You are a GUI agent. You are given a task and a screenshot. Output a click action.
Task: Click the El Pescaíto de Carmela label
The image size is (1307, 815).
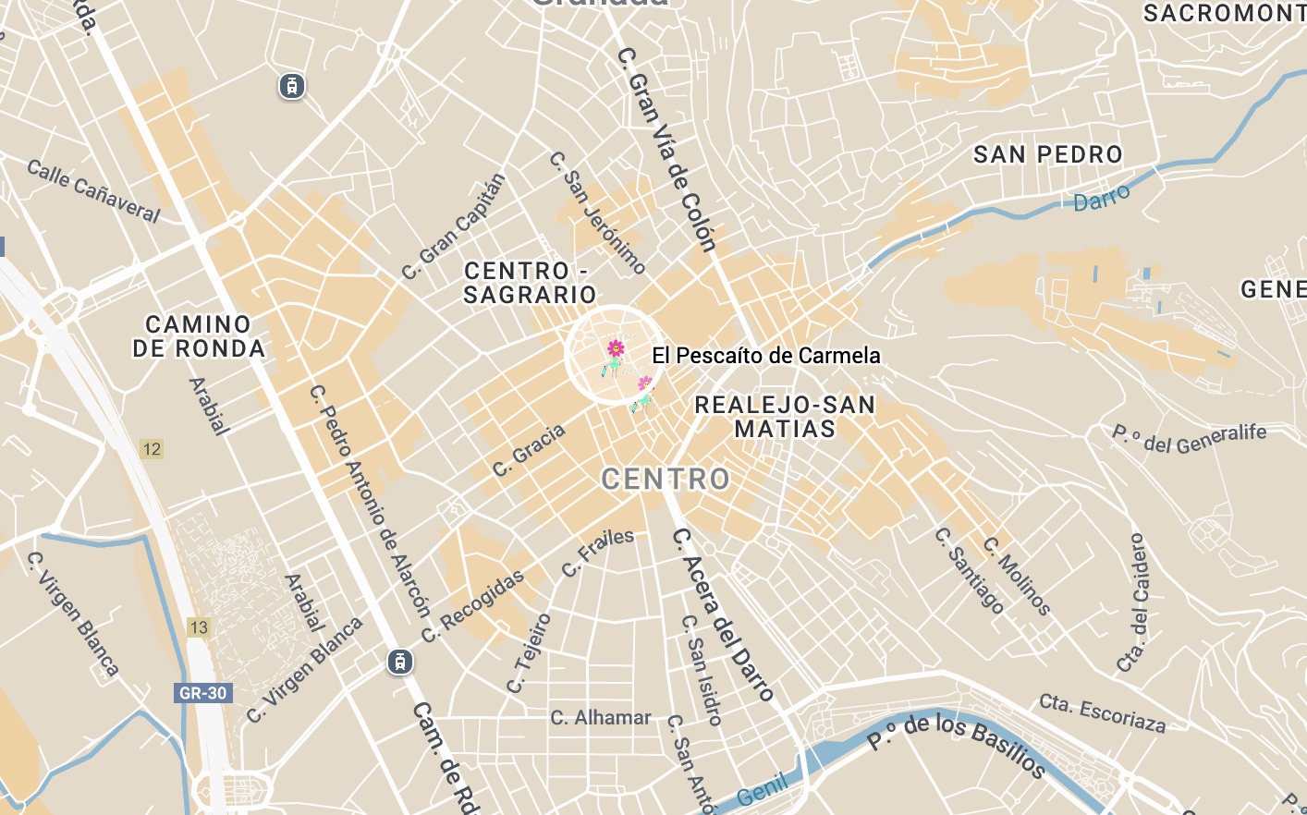coord(765,356)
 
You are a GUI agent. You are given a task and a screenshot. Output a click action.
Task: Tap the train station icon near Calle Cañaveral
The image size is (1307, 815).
coord(292,87)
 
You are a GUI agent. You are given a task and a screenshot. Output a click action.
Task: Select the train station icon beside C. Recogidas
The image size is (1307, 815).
coord(400,662)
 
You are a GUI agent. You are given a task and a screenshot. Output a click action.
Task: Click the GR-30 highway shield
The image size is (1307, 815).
coord(202,693)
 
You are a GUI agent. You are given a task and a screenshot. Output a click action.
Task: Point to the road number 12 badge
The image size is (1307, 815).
coord(152,449)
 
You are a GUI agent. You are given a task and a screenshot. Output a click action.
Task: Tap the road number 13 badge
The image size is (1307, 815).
coord(199,627)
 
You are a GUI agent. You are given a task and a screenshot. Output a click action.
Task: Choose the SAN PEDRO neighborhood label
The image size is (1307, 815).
coord(1047,154)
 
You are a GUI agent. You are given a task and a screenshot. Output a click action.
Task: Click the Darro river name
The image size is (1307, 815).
coord(1101,198)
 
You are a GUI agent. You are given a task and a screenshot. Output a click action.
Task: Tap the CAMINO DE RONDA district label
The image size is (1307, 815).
coord(199,336)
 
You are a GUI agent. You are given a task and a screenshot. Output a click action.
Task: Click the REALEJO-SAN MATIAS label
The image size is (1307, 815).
coord(785,417)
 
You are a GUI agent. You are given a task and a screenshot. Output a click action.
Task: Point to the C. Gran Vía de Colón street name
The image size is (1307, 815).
coord(666,150)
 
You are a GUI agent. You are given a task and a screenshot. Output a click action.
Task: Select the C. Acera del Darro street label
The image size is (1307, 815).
coord(723,614)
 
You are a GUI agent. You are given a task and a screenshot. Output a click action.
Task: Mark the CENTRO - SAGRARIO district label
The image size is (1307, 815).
coord(530,283)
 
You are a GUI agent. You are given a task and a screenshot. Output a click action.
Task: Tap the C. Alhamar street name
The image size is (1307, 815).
coord(601,718)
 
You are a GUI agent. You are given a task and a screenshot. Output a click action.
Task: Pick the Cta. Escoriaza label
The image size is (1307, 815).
coord(1102,712)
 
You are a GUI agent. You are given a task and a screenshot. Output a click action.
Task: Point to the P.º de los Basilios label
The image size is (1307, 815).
coord(956,745)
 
